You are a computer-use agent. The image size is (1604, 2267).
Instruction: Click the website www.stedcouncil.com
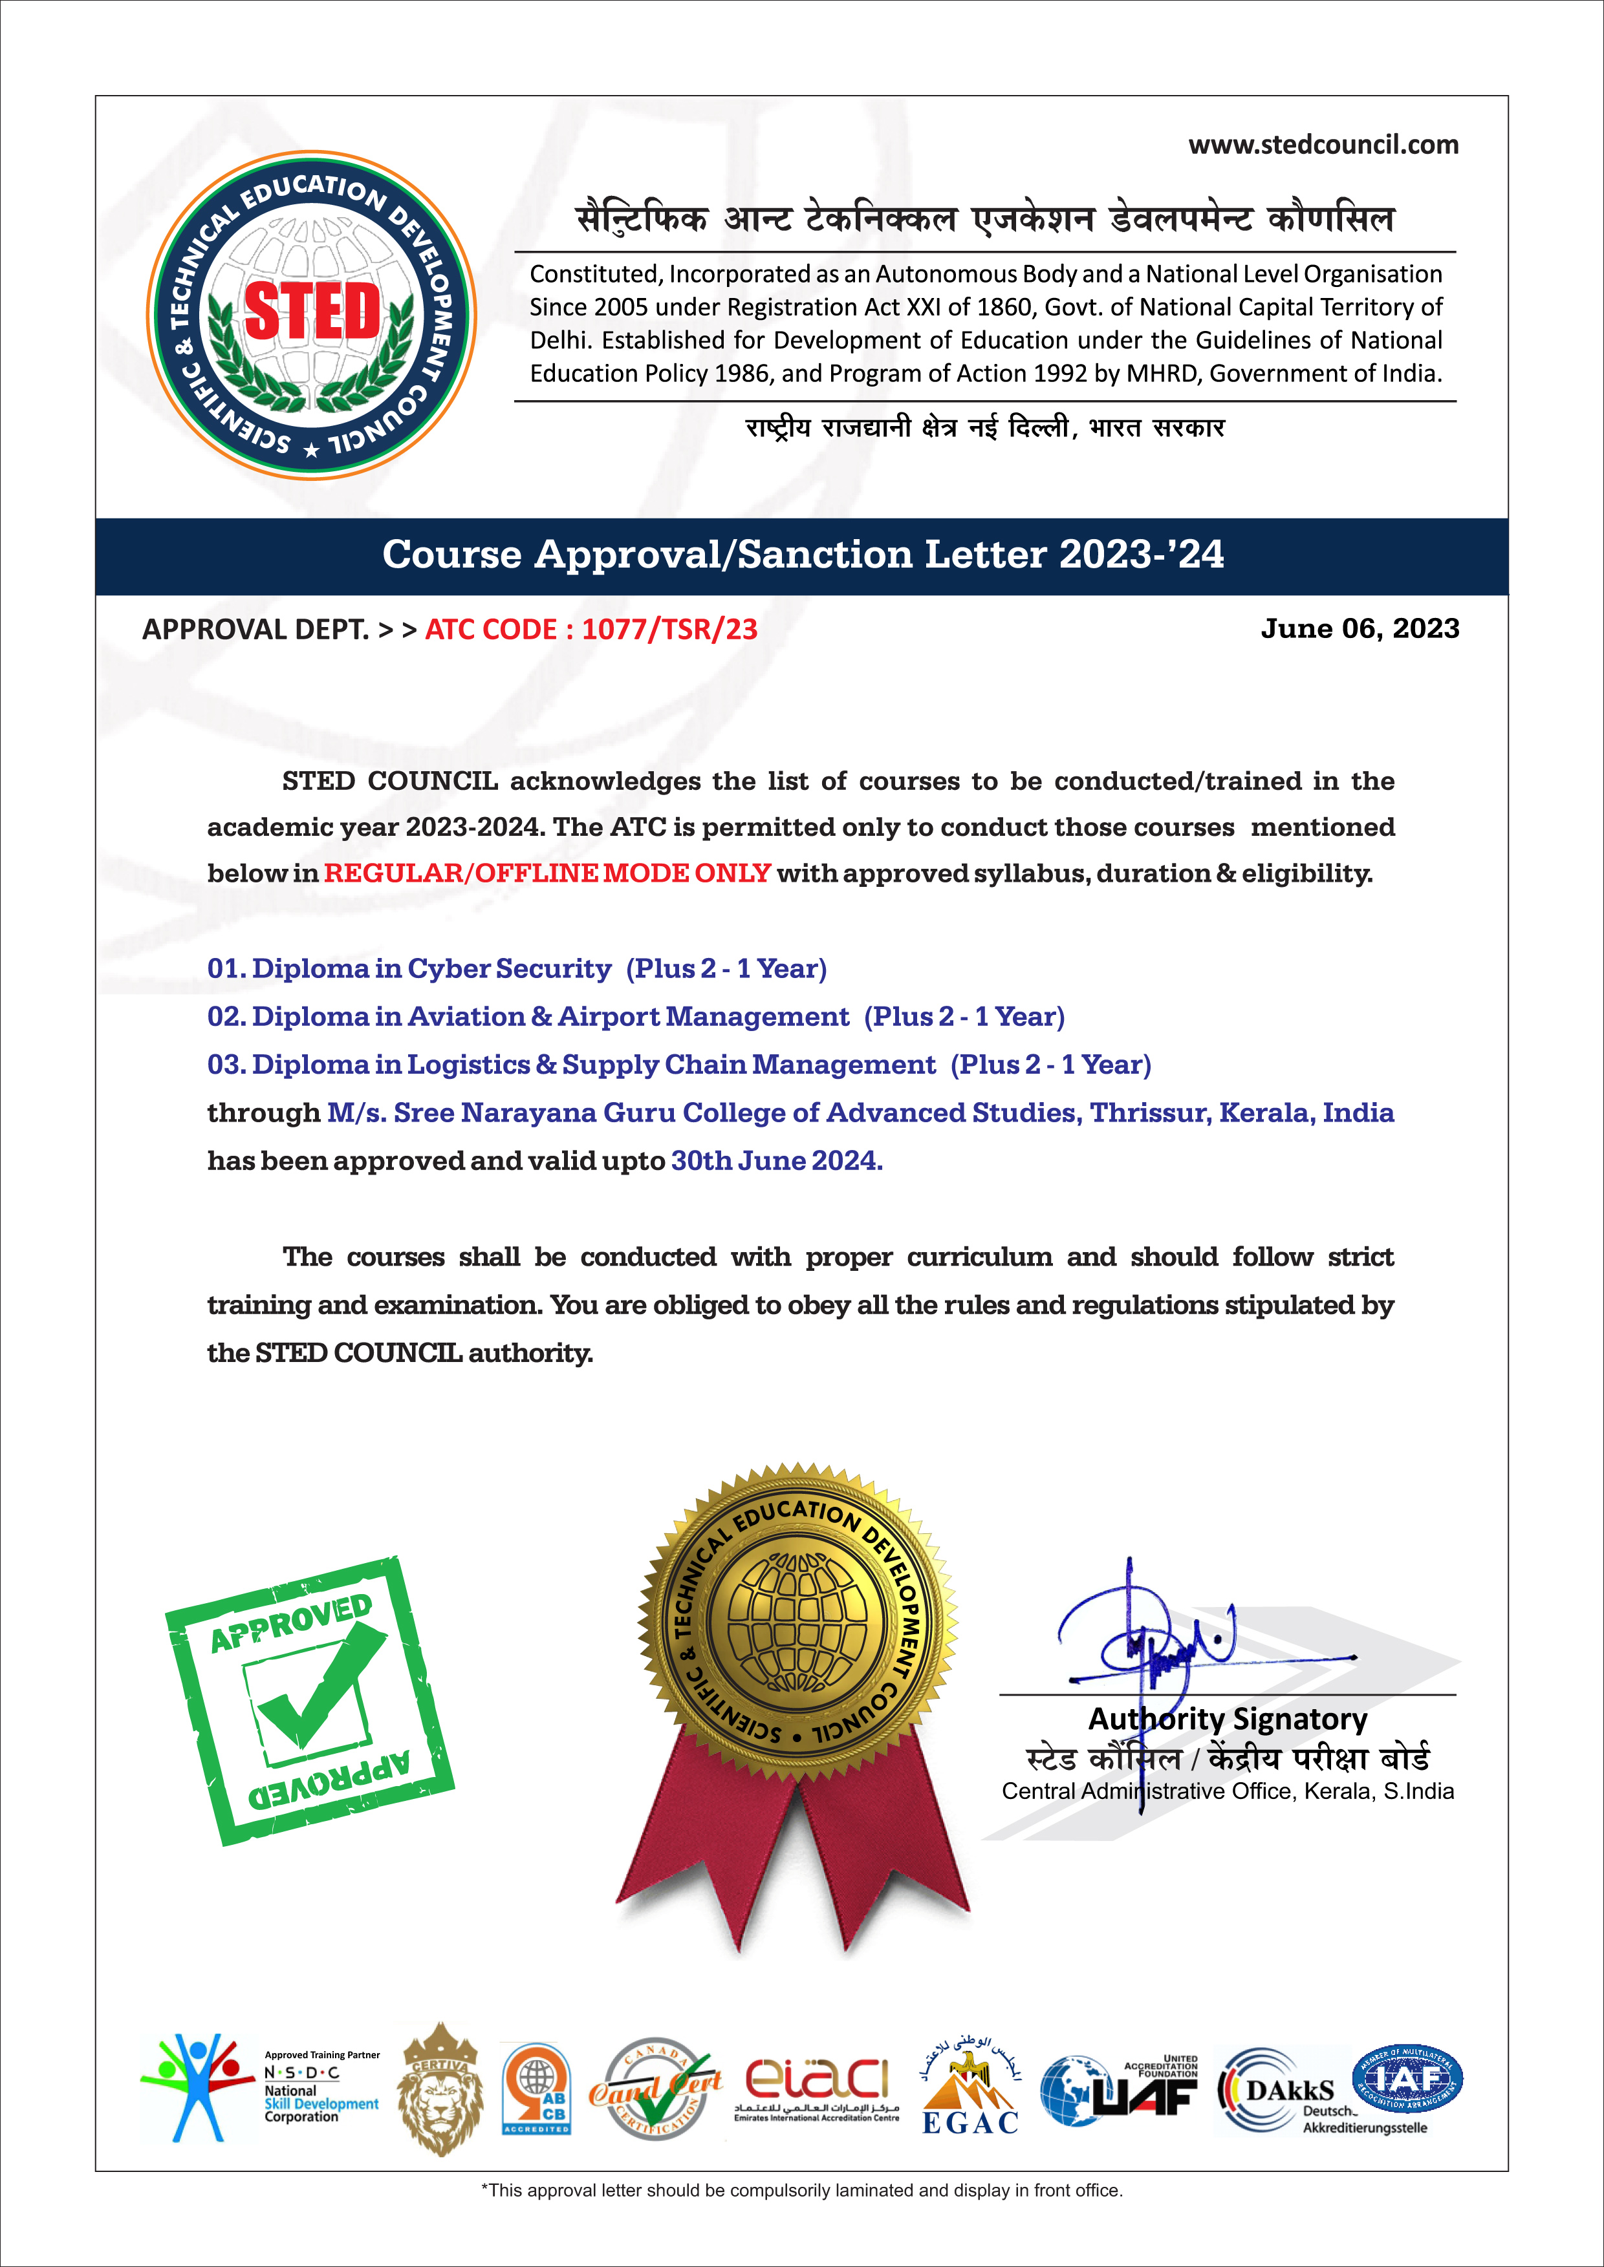[1323, 145]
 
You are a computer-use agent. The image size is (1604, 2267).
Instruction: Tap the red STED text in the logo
[312, 311]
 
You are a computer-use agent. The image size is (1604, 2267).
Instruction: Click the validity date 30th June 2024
[776, 1161]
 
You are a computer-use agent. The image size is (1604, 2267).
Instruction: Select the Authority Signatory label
[1228, 1719]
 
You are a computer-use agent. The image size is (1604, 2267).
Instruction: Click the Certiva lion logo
[440, 2091]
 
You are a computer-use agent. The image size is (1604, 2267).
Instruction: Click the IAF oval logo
[1407, 2078]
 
